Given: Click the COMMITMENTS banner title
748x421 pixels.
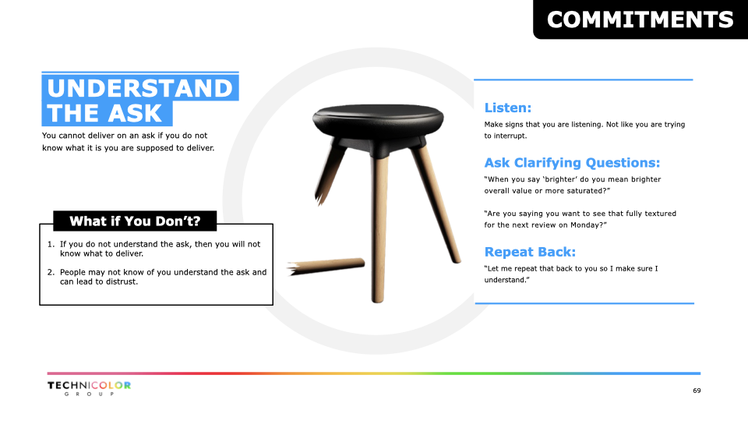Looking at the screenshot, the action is pos(640,19).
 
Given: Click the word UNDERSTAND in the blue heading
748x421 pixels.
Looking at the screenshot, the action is pos(139,88).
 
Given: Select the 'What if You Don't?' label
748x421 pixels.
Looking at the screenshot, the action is pos(135,221).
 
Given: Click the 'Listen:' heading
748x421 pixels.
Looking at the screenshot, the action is pos(507,108).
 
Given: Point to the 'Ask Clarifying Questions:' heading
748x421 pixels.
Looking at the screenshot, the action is pos(572,163).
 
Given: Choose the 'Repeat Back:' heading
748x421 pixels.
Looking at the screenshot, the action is pos(530,252).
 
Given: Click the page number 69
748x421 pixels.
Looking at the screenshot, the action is pos(697,391).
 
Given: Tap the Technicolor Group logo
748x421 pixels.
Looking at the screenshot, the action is pos(89,388).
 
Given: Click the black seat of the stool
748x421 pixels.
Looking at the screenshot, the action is pos(378,120).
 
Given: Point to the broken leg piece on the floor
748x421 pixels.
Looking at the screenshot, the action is pos(326,267).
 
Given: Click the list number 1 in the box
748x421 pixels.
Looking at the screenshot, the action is pos(51,244).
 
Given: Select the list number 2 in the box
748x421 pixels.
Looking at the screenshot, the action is pos(51,272).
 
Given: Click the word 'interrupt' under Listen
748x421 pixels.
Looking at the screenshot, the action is pos(509,136).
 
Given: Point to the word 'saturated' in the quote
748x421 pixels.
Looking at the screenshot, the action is pos(587,191).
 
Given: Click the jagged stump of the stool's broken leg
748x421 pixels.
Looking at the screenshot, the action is pos(320,196).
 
